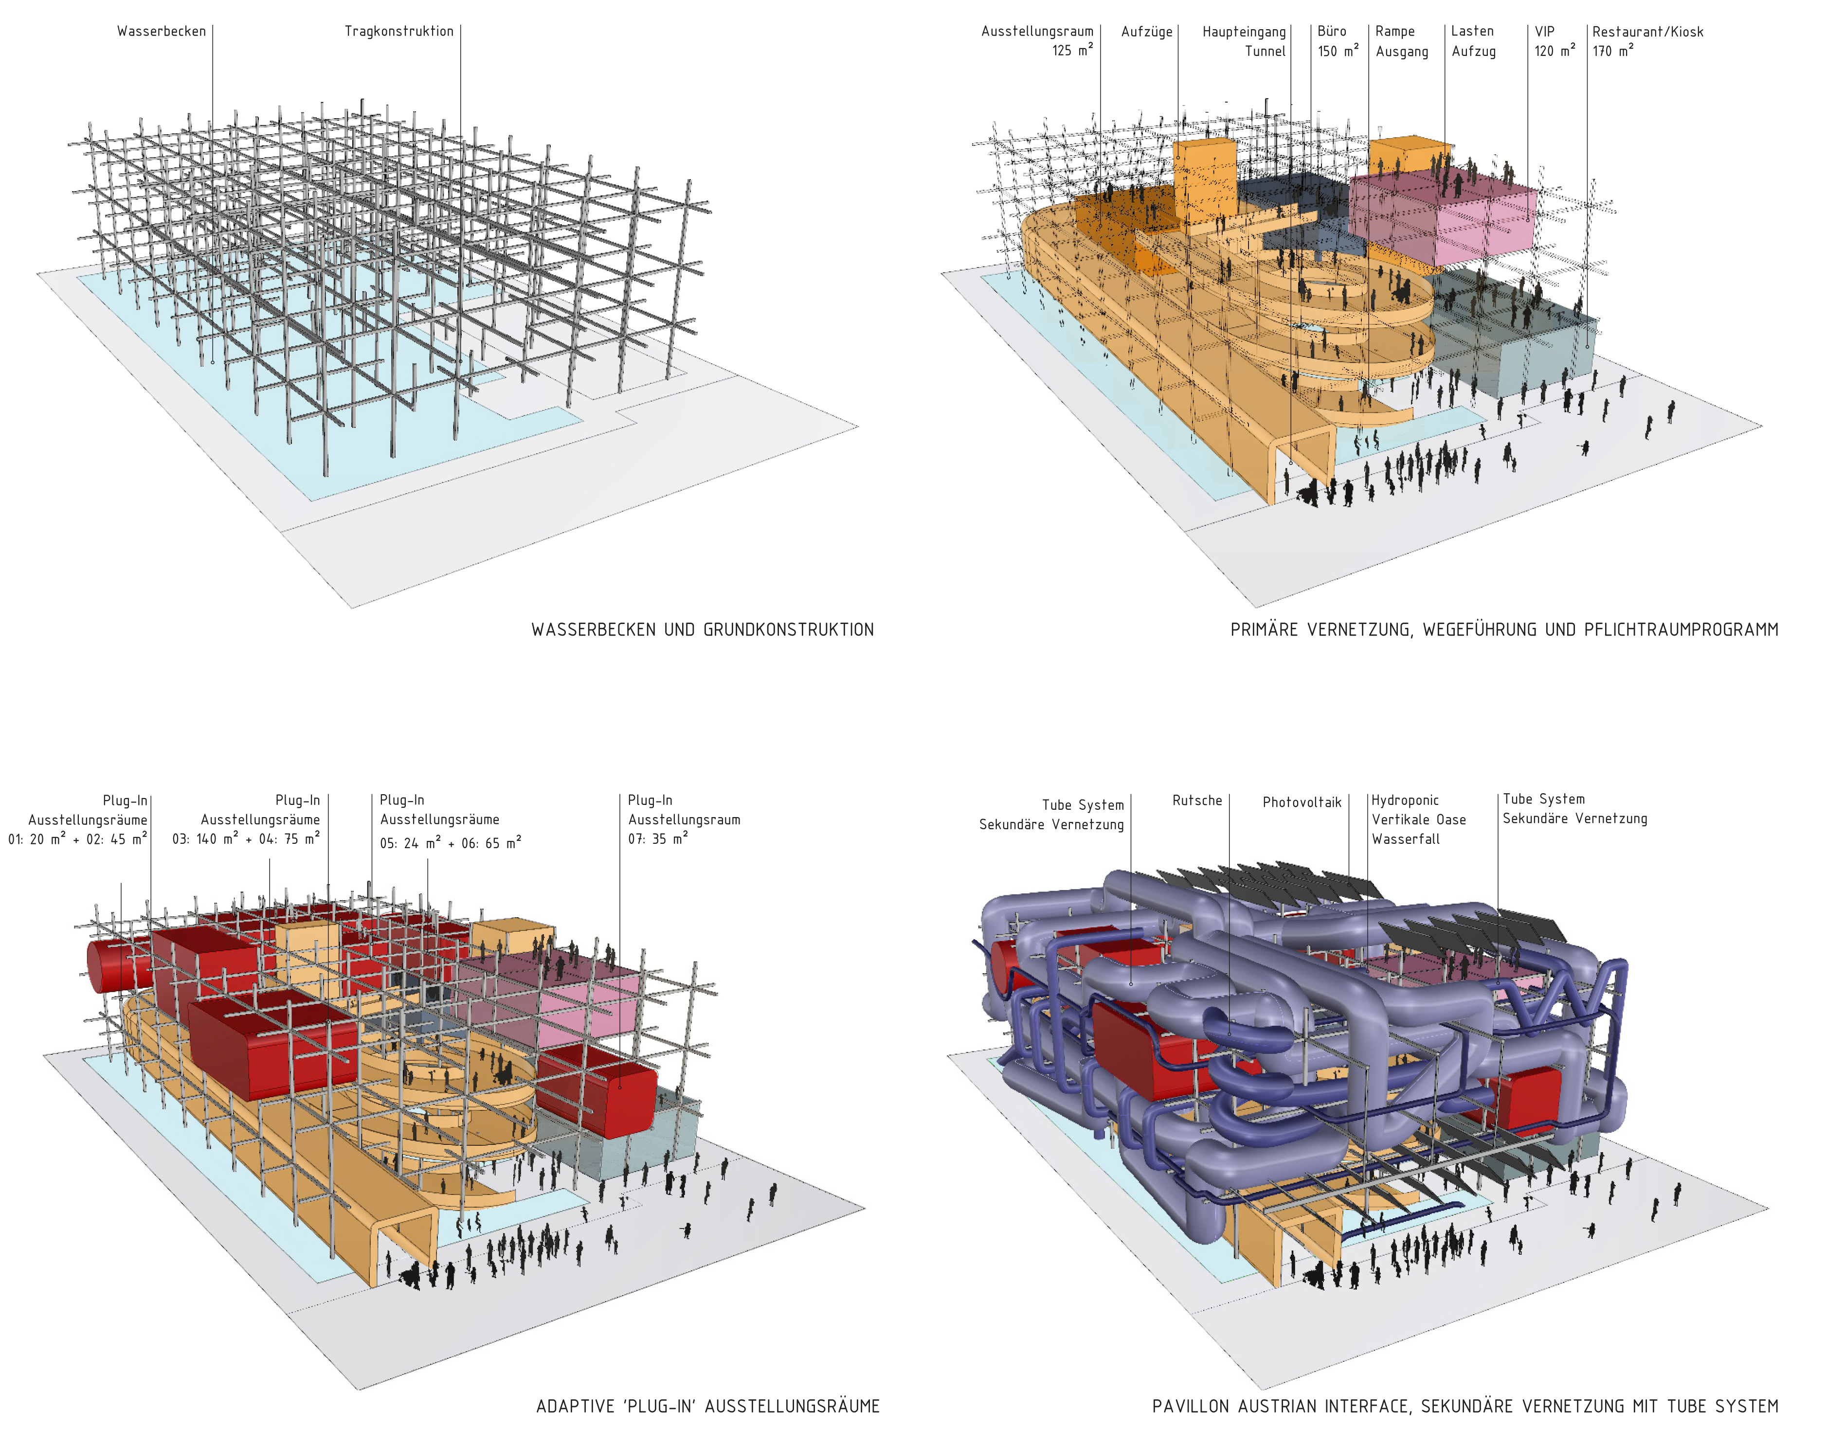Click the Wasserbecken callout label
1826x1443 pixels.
(x=161, y=31)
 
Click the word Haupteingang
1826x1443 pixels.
(x=1243, y=32)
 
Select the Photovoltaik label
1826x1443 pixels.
(x=1302, y=802)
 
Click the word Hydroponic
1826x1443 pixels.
(x=1404, y=800)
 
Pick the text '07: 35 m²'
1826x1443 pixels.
(x=657, y=839)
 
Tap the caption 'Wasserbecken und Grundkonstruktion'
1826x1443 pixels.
(x=702, y=629)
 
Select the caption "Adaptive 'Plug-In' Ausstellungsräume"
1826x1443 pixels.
(x=707, y=1406)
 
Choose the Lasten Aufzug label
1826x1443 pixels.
(x=1473, y=41)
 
